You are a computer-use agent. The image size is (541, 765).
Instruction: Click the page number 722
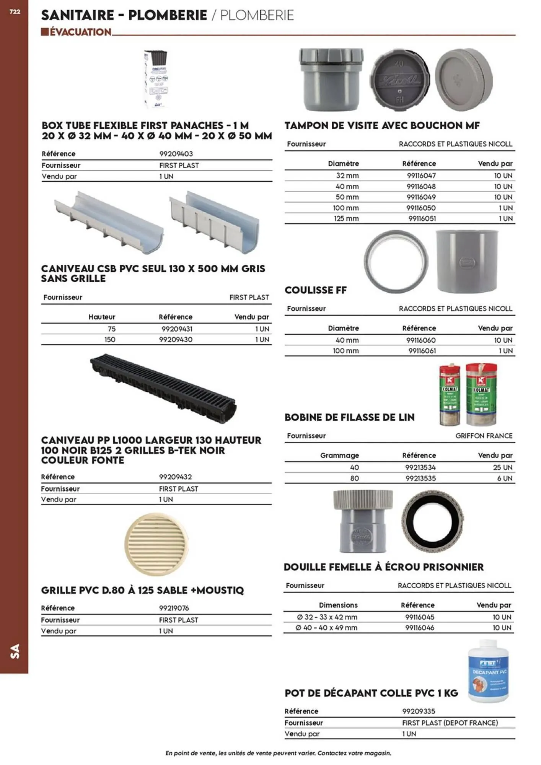coord(15,12)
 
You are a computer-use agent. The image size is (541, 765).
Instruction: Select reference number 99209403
coord(176,154)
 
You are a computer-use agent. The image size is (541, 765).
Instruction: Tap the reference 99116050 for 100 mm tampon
coord(421,208)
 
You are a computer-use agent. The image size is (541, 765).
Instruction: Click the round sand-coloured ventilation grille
coord(156,544)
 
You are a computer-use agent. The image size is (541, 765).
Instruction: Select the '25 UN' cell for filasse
coord(502,467)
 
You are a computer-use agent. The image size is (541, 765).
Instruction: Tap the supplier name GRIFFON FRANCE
coord(484,436)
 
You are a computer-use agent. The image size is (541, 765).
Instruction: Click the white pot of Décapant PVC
coord(489,672)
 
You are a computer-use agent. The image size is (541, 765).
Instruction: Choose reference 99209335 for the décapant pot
coord(419,711)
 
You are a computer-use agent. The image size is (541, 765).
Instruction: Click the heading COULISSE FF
coord(316,290)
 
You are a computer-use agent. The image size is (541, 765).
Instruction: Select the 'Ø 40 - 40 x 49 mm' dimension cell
coord(326,628)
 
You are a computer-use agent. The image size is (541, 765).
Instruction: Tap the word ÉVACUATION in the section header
coord(80,32)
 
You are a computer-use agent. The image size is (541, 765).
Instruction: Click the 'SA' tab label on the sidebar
coord(15,651)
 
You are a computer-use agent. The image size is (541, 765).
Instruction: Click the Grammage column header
coord(339,455)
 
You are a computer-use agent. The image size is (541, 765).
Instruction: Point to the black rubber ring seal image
coord(433,521)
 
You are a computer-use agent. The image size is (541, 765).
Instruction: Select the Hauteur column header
coord(102,317)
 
